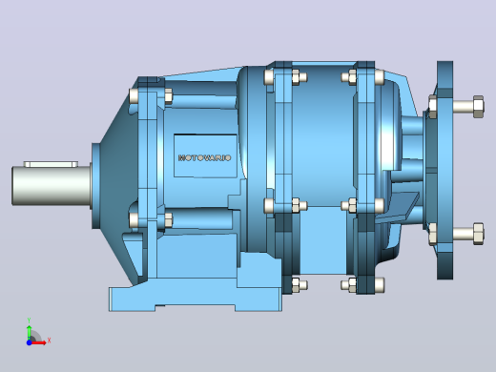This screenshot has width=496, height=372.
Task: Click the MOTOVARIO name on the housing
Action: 204,157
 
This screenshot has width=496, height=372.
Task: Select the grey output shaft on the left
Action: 52,186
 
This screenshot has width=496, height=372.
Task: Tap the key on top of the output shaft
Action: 51,164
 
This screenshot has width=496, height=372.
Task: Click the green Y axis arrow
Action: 29,332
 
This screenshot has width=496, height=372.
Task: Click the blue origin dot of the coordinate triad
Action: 29,342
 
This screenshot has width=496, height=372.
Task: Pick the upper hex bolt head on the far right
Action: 478,106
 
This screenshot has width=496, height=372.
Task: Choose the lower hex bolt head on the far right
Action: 478,234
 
